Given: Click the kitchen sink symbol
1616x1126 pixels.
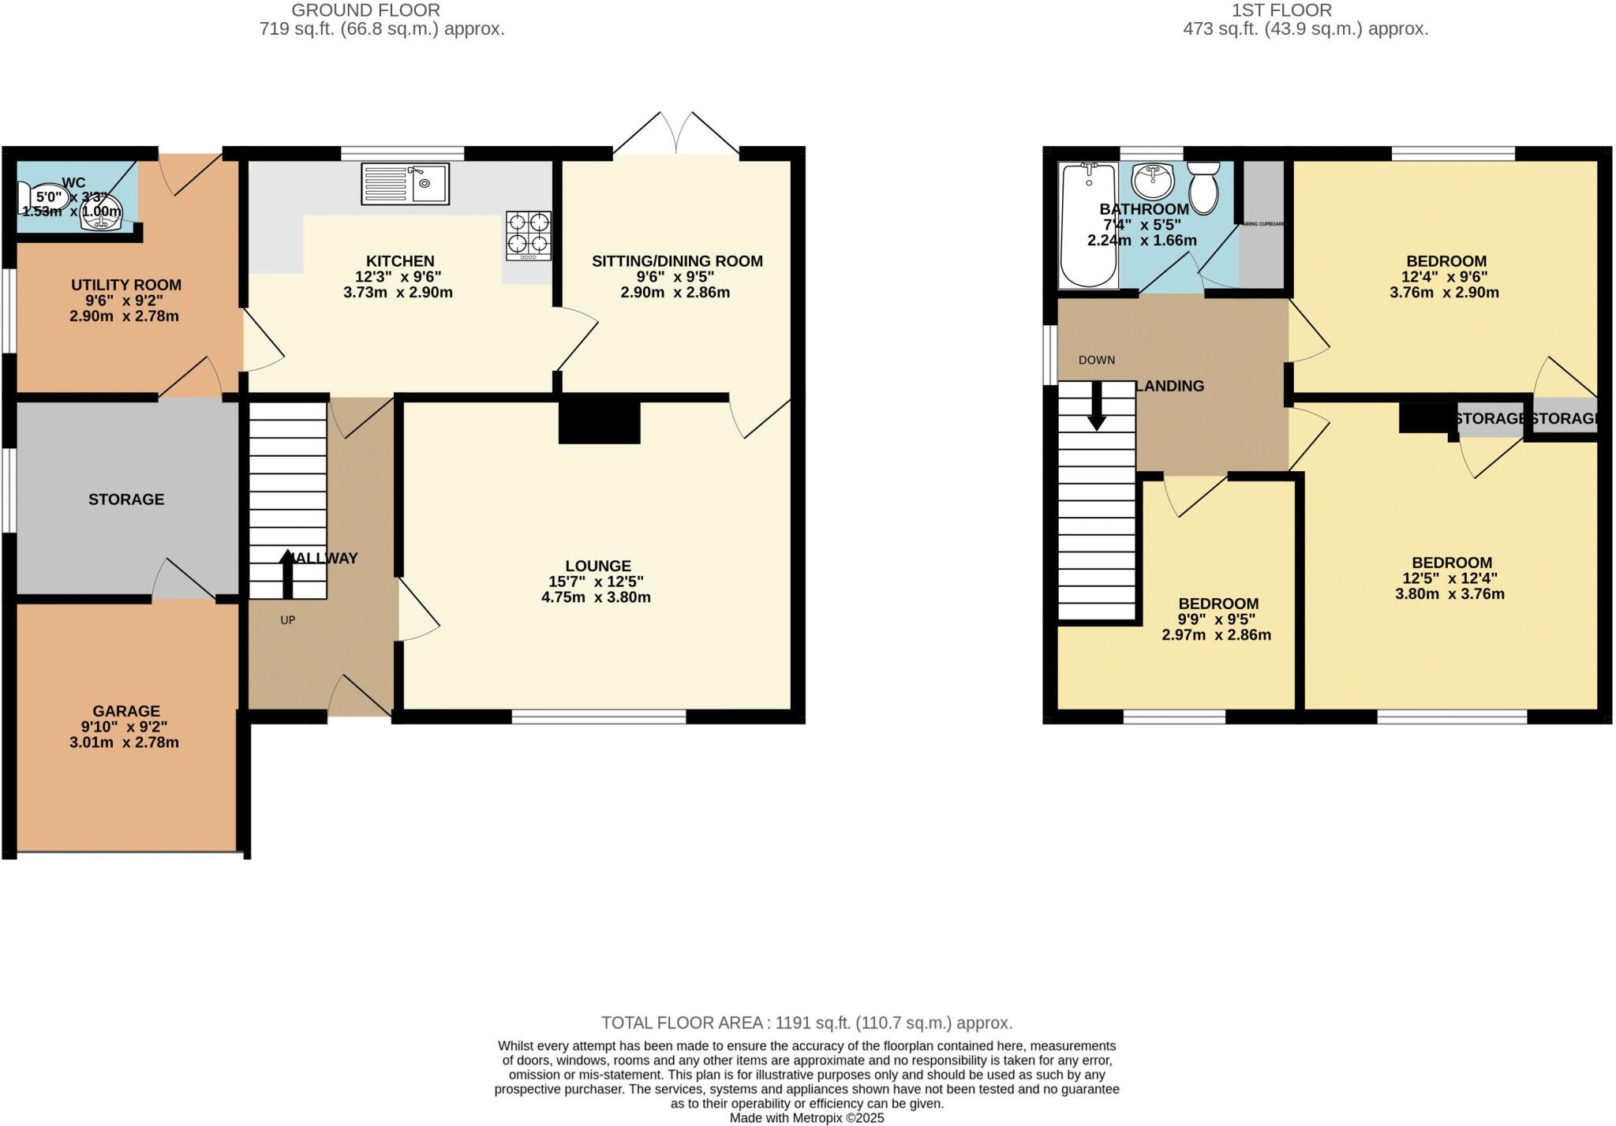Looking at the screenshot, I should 405,184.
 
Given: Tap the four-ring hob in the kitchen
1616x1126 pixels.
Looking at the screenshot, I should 529,235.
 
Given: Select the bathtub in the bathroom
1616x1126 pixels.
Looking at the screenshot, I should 1089,226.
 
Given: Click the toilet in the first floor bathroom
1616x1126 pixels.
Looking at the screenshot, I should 1203,188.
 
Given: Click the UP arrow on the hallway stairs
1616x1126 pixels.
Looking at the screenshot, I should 287,574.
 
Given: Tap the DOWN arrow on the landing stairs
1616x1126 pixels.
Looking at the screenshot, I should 1097,406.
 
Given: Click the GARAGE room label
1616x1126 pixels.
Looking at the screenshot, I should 126,711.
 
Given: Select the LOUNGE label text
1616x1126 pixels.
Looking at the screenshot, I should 598,566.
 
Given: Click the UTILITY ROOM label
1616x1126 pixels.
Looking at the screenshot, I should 126,285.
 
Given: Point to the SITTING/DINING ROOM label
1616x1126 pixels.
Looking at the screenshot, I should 677,261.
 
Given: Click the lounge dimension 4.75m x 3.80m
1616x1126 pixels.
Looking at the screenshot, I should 596,597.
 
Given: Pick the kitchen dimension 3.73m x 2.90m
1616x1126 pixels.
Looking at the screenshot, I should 398,293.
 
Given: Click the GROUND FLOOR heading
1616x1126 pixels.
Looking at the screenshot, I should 366,10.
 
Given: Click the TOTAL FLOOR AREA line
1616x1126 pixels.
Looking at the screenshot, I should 806,1023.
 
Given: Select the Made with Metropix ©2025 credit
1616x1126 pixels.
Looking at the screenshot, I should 806,1118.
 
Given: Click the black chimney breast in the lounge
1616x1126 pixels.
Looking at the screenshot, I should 599,423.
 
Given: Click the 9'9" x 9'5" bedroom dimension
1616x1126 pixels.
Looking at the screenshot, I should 1218,619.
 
